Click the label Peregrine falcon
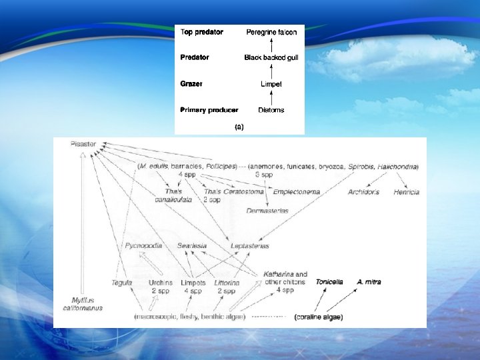271,31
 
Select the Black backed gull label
271,58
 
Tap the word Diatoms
271,110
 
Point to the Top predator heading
202,31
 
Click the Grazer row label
191,84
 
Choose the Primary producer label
209,109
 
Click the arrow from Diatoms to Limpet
271,97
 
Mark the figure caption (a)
239,125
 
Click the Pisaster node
84,144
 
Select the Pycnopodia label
143,246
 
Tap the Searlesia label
192,246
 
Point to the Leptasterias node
250,246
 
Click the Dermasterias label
267,211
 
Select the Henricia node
406,192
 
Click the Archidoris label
363,192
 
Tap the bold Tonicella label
329,282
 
